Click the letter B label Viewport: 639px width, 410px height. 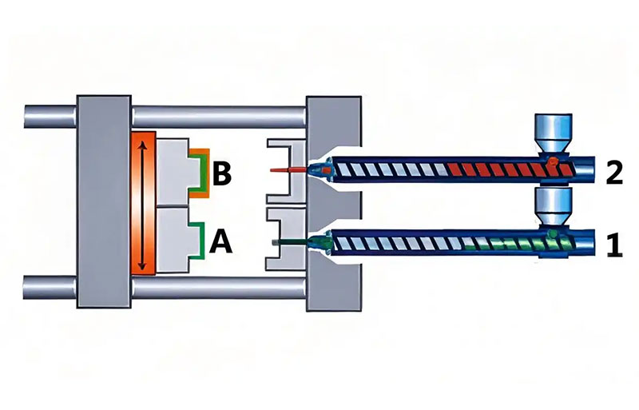pyautogui.click(x=222, y=173)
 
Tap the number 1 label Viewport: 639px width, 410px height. pyautogui.click(x=615, y=245)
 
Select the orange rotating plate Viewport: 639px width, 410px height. pyautogui.click(x=144, y=203)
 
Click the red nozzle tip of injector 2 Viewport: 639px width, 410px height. pyautogui.click(x=288, y=169)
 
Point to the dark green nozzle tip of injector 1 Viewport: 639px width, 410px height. pyautogui.click(x=289, y=242)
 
